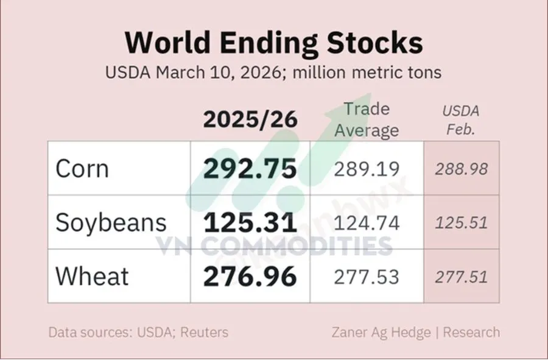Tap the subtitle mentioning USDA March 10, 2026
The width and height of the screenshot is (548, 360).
[273, 72]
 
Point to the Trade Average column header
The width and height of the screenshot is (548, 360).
[367, 119]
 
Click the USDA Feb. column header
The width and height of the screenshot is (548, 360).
[461, 120]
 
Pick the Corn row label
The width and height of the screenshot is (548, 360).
[82, 169]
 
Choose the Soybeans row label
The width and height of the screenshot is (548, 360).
[111, 223]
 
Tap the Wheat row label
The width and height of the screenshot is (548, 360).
[92, 277]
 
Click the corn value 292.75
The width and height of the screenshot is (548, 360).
[250, 169]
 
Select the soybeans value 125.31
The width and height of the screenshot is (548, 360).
[250, 223]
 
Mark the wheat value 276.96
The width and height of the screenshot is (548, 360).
[250, 277]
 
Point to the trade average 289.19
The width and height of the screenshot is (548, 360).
[367, 169]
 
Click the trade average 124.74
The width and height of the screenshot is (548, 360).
[367, 223]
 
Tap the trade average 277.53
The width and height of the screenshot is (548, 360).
[367, 277]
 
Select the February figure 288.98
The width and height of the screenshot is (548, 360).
[462, 169]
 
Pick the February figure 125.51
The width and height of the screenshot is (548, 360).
[462, 223]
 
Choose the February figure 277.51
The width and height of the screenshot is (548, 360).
[462, 277]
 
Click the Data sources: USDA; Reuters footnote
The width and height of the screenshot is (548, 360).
[138, 333]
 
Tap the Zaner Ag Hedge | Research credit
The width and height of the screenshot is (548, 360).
[416, 333]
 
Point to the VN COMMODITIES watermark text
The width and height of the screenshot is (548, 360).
[273, 246]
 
